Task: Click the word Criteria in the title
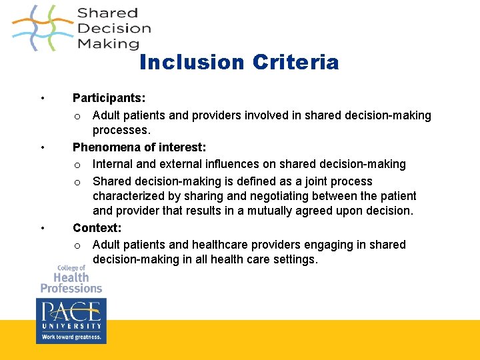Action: [x=295, y=63]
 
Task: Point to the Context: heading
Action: [x=97, y=228]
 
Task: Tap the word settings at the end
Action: [x=294, y=260]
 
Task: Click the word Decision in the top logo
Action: [x=114, y=28]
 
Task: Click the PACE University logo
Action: [x=71, y=315]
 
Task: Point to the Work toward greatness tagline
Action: [x=71, y=337]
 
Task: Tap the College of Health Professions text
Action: [x=71, y=279]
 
